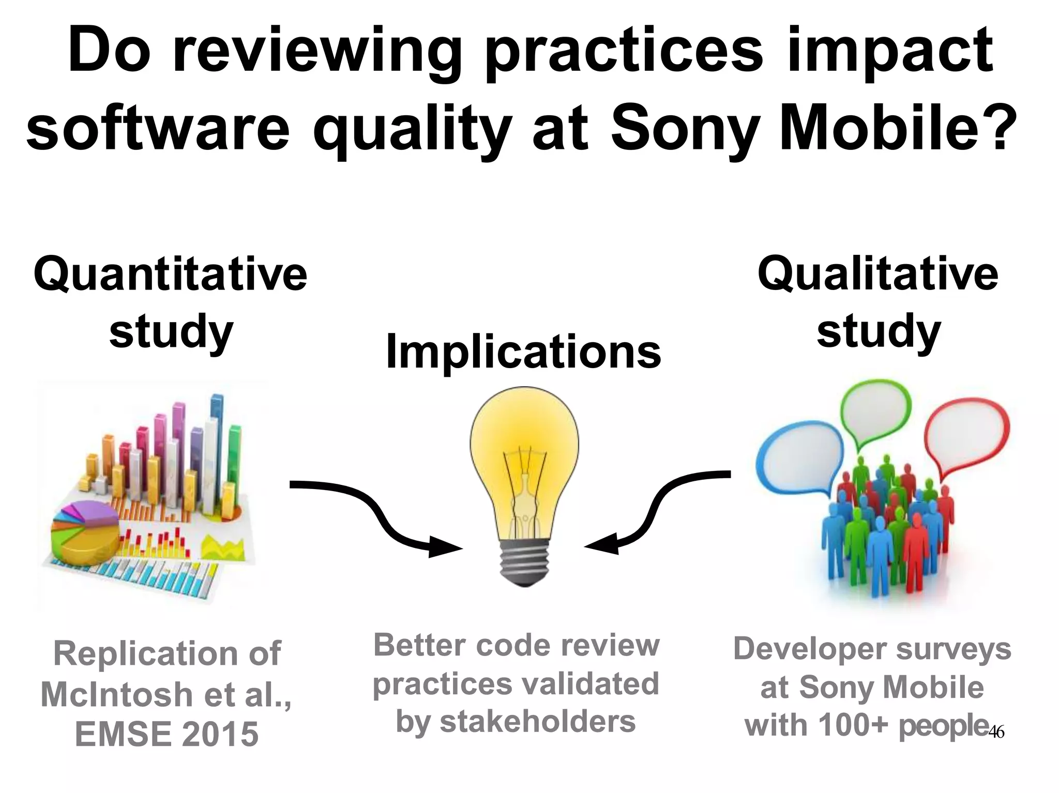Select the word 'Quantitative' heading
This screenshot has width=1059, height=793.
point(170,274)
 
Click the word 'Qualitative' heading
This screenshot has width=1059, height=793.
point(878,274)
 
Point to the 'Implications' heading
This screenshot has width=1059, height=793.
point(523,352)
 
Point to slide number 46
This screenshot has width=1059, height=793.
point(996,732)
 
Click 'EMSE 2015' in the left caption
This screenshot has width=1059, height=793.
point(167,734)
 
